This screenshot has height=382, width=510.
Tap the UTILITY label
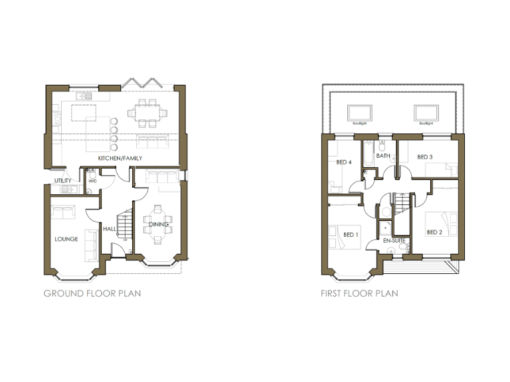(62, 180)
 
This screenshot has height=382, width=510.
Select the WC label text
(92, 180)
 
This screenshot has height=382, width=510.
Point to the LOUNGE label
(66, 239)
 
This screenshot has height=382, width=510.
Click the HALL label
(109, 229)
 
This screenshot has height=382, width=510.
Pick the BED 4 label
(344, 162)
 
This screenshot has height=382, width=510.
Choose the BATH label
(383, 157)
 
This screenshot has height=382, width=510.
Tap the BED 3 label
(425, 157)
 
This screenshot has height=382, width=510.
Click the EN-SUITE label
(390, 241)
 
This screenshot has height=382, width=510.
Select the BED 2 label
(434, 232)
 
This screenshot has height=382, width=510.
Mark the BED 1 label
(351, 234)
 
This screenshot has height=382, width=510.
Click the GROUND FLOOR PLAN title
(92, 292)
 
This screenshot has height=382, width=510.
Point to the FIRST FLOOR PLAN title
(359, 292)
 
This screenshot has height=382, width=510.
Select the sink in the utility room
(66, 190)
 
